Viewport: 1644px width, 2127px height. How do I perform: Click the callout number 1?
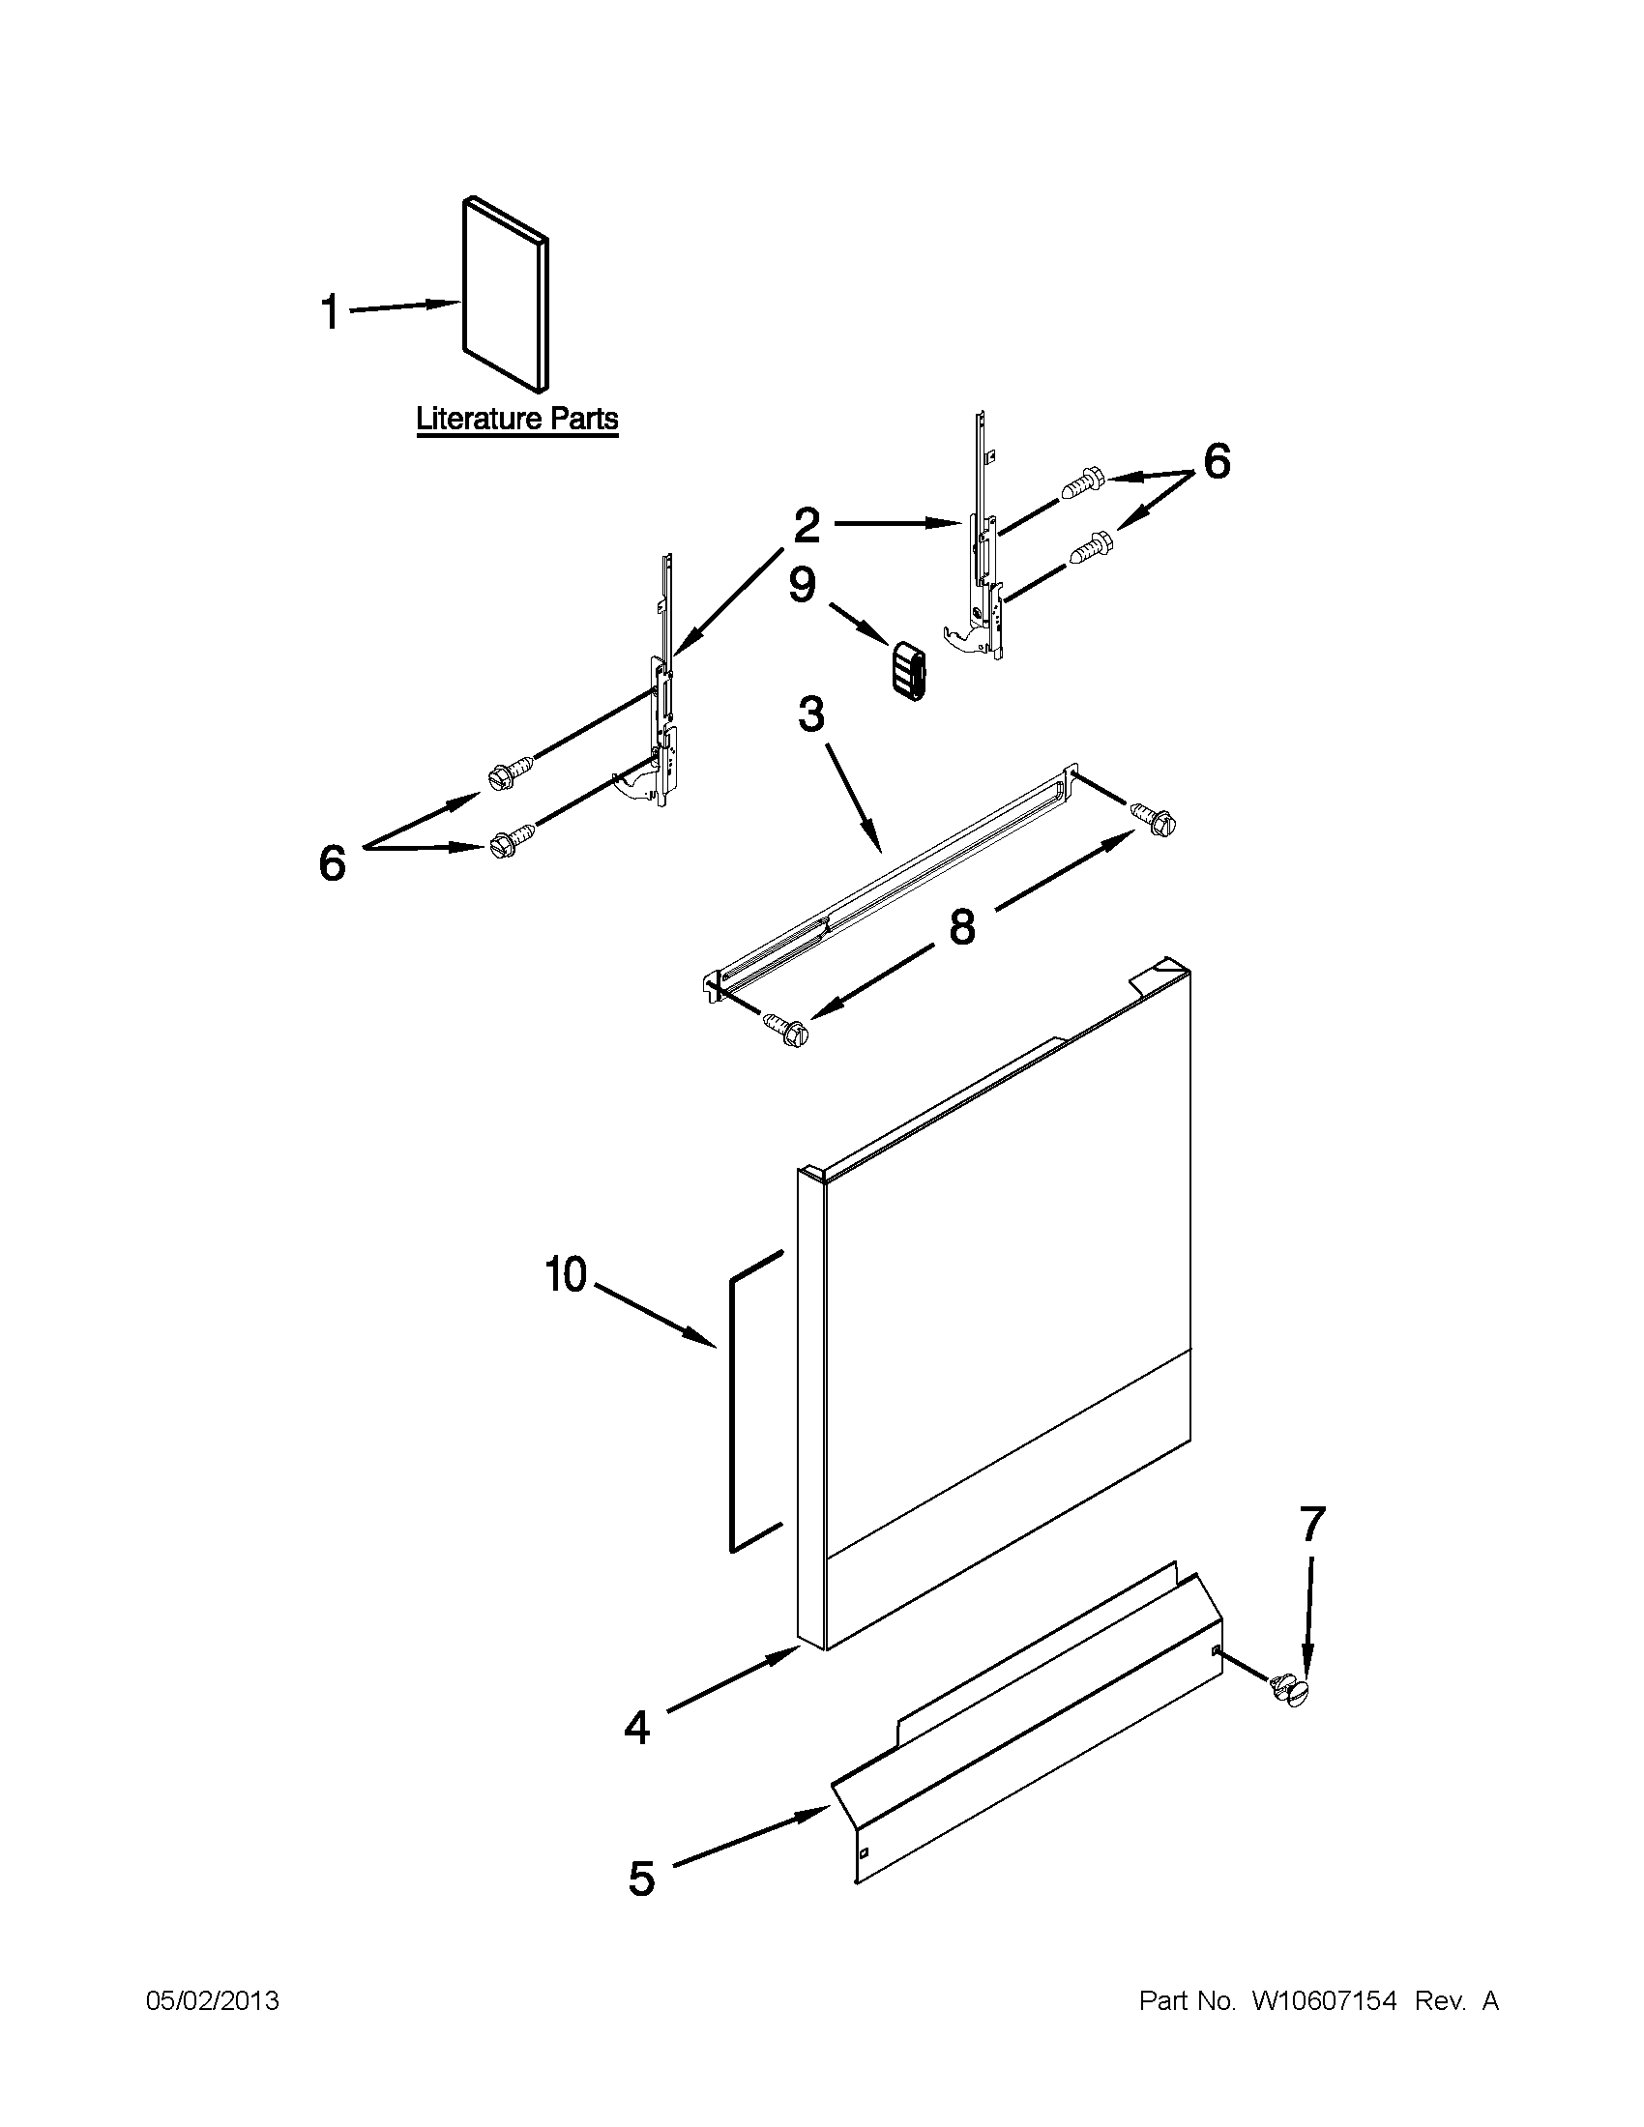pos(330,313)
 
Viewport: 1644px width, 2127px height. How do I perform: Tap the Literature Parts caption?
pos(517,420)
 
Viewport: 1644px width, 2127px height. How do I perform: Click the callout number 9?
pos(802,586)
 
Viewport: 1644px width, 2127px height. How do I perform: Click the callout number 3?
pos(810,714)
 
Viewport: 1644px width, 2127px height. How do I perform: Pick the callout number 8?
pos(961,927)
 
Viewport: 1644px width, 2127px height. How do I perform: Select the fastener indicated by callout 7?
pos(1288,1688)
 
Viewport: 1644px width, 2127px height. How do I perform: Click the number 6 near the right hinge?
pos(1217,461)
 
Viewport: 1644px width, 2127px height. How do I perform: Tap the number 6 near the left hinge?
pos(332,862)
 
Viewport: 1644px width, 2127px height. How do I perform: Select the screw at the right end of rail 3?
pos(1154,816)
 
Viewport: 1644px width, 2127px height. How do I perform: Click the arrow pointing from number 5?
pos(749,1837)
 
